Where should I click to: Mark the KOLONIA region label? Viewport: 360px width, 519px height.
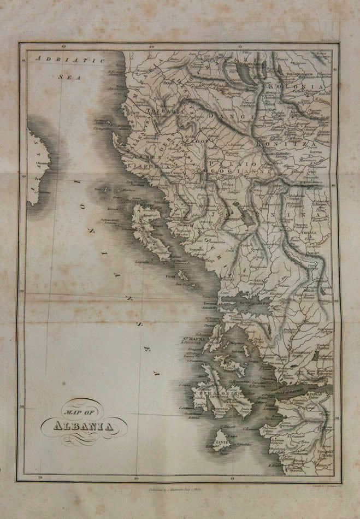pyautogui.click(x=303, y=87)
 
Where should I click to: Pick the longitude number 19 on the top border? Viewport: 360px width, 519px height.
pyautogui.click(x=64, y=48)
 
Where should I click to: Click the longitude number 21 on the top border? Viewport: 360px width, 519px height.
pyautogui.click(x=240, y=48)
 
